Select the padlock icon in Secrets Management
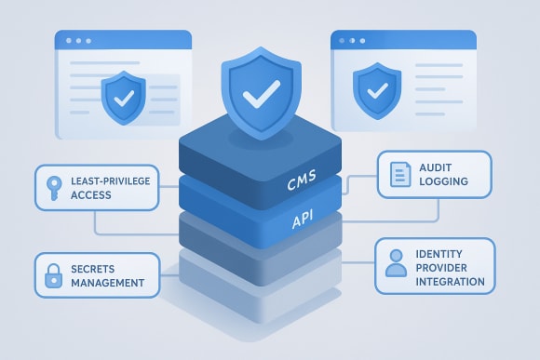(52, 273)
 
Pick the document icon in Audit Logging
(399, 174)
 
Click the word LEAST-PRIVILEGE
(115, 180)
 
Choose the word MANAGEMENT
(106, 282)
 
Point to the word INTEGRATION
(451, 281)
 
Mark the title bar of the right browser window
(402, 40)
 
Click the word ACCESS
(91, 194)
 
